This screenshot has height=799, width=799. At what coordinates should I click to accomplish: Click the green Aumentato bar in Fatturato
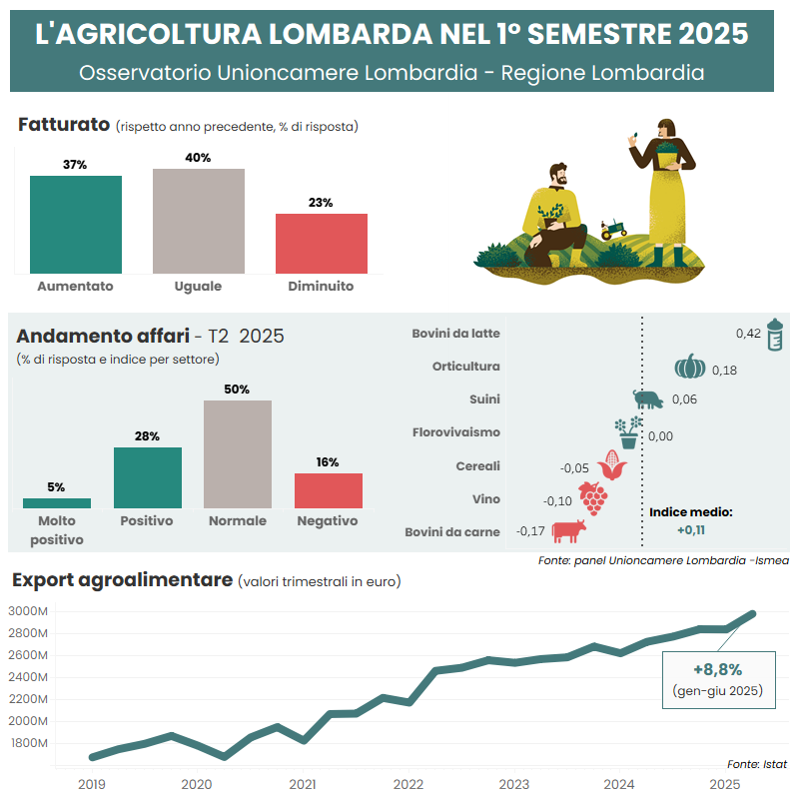tap(76, 224)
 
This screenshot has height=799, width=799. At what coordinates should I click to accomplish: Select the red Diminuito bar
tap(322, 243)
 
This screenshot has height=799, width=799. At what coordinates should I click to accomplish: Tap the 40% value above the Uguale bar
tap(198, 158)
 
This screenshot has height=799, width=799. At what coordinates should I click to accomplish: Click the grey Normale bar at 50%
tap(238, 454)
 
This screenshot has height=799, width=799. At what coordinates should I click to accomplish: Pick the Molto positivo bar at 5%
tap(57, 502)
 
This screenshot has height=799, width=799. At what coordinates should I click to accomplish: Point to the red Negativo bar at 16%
tap(329, 490)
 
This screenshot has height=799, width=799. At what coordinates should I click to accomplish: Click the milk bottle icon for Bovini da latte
tap(774, 334)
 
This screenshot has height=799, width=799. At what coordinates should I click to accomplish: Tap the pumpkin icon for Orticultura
tap(689, 367)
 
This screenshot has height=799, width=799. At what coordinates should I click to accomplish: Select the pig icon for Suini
tap(648, 399)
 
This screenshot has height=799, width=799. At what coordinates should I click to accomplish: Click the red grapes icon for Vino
tap(593, 497)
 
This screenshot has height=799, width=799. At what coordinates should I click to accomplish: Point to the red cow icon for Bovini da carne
tap(567, 530)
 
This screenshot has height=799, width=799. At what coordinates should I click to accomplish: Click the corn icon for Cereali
tap(611, 465)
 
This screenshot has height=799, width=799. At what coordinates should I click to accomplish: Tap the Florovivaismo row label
tap(455, 432)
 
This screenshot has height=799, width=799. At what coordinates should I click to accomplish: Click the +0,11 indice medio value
tap(691, 529)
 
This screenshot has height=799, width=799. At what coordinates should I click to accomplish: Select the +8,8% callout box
tap(717, 679)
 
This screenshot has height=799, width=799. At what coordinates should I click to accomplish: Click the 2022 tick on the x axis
tap(408, 784)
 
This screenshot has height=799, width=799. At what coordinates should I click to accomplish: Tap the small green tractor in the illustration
tap(613, 229)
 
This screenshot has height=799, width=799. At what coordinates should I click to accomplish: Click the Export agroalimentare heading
tap(122, 580)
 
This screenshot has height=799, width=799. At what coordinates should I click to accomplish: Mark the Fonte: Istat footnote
tap(757, 764)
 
